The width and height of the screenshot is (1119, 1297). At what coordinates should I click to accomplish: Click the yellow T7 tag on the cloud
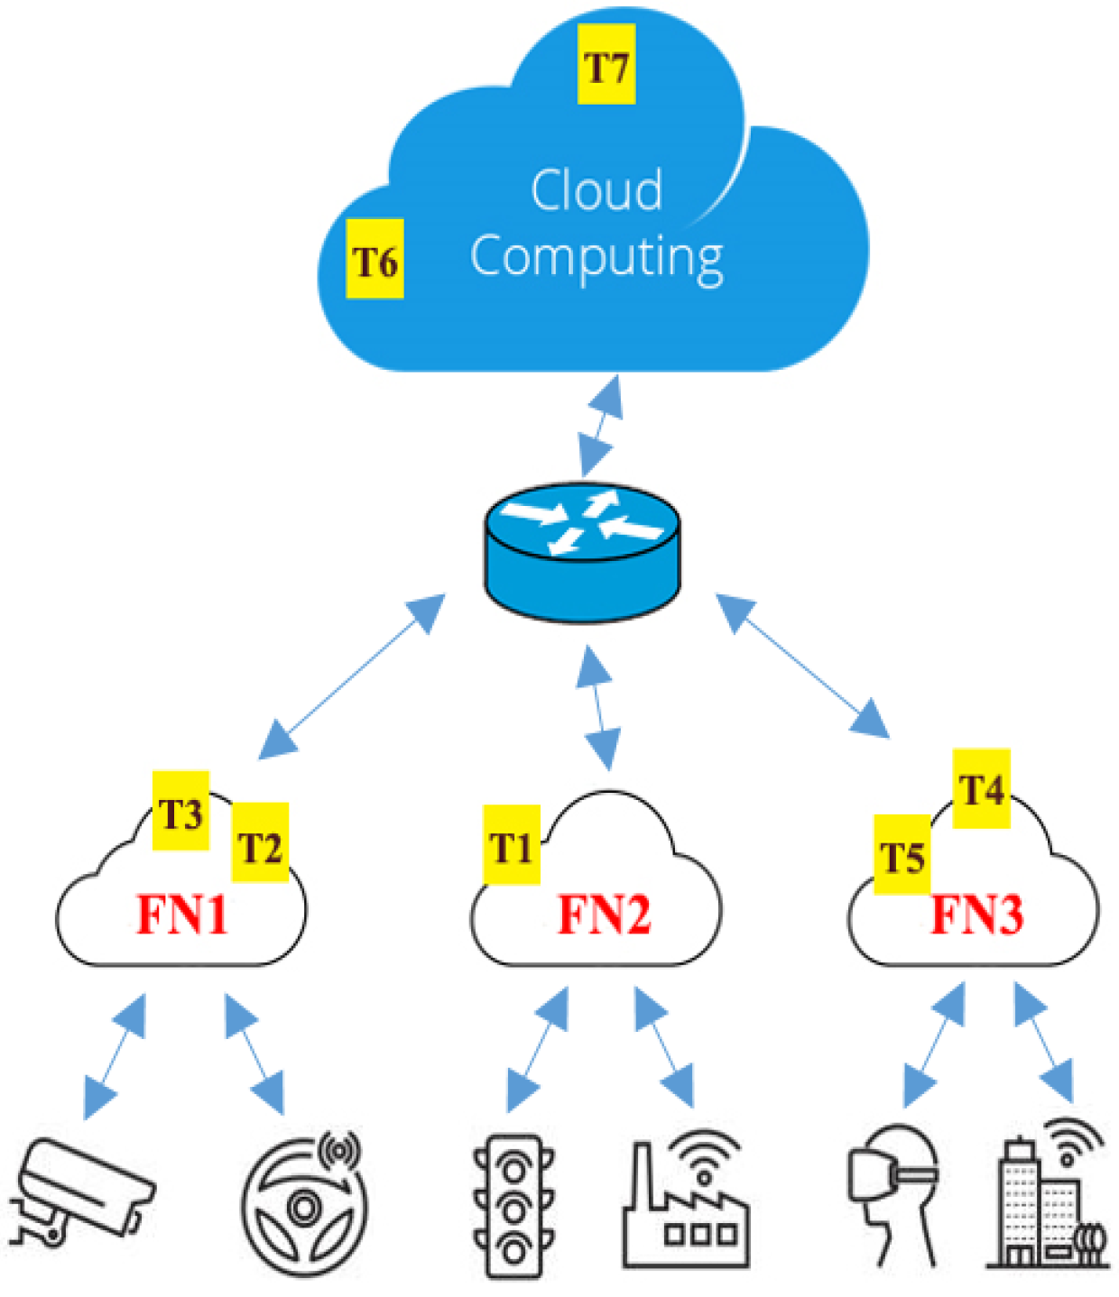click(x=606, y=65)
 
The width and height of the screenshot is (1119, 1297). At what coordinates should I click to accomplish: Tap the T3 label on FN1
click(x=180, y=811)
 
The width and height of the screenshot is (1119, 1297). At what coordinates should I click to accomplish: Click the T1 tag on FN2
click(x=512, y=845)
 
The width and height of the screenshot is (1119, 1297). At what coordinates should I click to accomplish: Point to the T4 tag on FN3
click(x=981, y=789)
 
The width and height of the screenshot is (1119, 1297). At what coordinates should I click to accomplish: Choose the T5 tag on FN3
click(x=902, y=855)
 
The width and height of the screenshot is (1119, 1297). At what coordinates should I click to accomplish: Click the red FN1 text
click(x=182, y=915)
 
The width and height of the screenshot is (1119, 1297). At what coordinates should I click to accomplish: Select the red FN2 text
click(x=604, y=915)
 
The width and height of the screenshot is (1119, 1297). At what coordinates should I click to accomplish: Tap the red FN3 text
click(x=977, y=915)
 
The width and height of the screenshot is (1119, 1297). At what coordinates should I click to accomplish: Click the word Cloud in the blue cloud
click(x=596, y=190)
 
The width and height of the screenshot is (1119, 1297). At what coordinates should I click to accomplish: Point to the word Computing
click(x=596, y=257)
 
